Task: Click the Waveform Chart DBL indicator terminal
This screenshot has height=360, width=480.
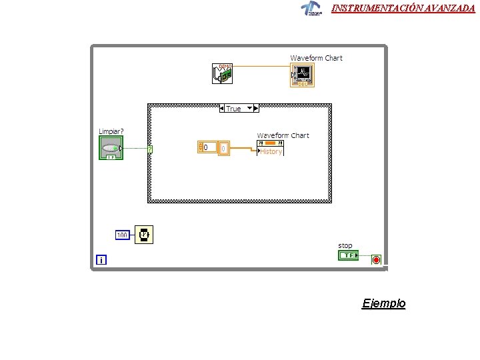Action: pos(302,75)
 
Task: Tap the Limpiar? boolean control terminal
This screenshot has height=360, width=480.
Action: pos(111,148)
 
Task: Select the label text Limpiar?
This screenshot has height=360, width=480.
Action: pos(111,131)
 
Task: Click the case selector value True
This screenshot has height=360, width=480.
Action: pos(234,109)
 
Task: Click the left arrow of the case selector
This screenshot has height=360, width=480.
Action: pos(222,108)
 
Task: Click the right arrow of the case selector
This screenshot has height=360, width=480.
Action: pos(256,108)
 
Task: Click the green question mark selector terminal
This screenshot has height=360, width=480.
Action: pos(150,149)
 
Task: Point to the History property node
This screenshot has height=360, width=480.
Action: pos(270,151)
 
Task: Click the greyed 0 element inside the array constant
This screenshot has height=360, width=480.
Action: pos(223,147)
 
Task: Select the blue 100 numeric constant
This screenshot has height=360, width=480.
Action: pos(123,235)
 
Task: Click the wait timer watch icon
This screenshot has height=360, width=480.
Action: pos(144,234)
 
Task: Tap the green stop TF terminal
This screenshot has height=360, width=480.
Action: pos(348,255)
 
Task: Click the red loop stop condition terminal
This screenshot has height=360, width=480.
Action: pos(376,259)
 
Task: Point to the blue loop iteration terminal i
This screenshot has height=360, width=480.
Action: pos(101,260)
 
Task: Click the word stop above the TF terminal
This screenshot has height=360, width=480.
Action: pos(345,246)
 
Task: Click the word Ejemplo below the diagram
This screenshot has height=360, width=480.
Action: pos(383,303)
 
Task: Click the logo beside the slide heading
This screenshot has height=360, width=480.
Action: pos(311,8)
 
